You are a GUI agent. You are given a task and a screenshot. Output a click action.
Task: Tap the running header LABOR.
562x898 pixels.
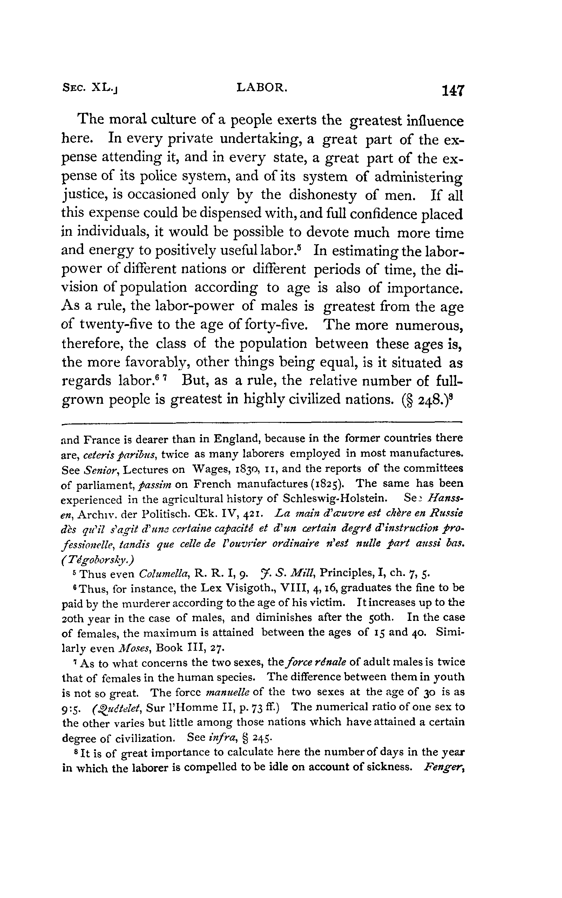tap(262, 87)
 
